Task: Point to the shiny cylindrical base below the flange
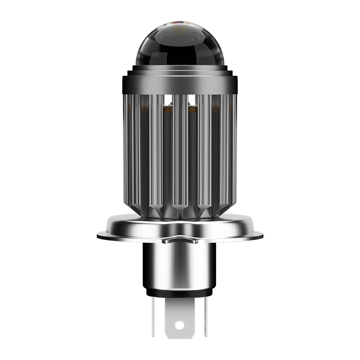(x=180, y=265)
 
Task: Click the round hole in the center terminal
(x=180, y=324)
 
